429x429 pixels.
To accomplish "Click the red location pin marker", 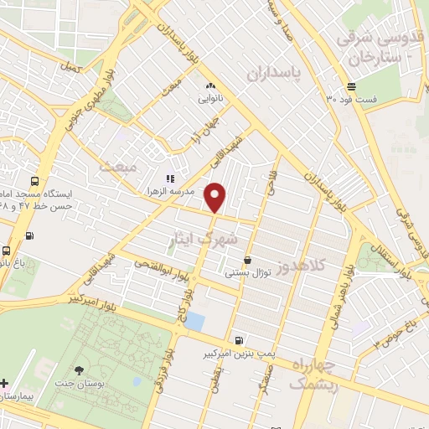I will coord(215,196).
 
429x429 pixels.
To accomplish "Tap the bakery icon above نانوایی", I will coord(209,85).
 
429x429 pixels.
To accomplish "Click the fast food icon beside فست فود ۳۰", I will coord(352,87).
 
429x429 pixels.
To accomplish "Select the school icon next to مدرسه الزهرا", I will coord(169,178).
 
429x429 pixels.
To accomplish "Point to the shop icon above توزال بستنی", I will coord(246,260).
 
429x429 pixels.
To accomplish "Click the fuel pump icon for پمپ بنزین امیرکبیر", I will coord(240,340).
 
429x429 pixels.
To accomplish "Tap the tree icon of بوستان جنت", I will coord(80,370).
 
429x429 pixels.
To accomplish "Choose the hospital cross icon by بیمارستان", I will coord(5,382).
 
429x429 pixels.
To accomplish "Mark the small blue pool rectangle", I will coord(194,321).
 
